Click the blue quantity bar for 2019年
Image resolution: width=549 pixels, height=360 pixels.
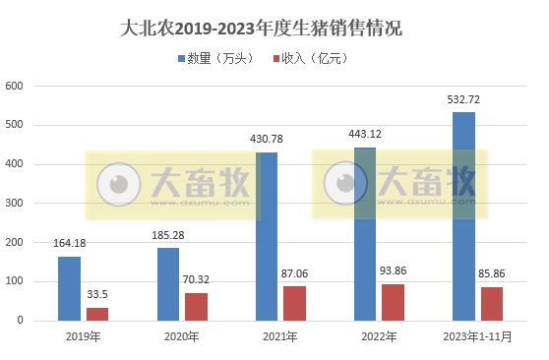pyautogui.click(x=69, y=288)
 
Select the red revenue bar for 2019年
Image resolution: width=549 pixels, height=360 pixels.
pyautogui.click(x=97, y=314)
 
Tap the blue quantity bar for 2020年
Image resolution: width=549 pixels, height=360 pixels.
pyautogui.click(x=168, y=284)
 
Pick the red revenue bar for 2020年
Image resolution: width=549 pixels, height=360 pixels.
pyautogui.click(x=197, y=307)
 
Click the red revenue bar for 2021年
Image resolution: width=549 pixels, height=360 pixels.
pyautogui.click(x=295, y=303)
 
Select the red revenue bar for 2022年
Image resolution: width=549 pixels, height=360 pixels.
pyautogui.click(x=394, y=302)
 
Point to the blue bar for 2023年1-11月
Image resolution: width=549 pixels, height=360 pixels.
pyautogui.click(x=463, y=216)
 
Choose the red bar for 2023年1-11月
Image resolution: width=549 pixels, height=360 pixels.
pyautogui.click(x=492, y=304)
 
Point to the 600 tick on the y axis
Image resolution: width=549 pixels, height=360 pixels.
pyautogui.click(x=14, y=86)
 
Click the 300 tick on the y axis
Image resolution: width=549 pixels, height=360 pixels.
pyautogui.click(x=14, y=204)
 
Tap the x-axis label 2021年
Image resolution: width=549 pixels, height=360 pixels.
pyautogui.click(x=280, y=337)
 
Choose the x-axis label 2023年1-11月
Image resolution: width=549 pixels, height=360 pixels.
pyautogui.click(x=477, y=337)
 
